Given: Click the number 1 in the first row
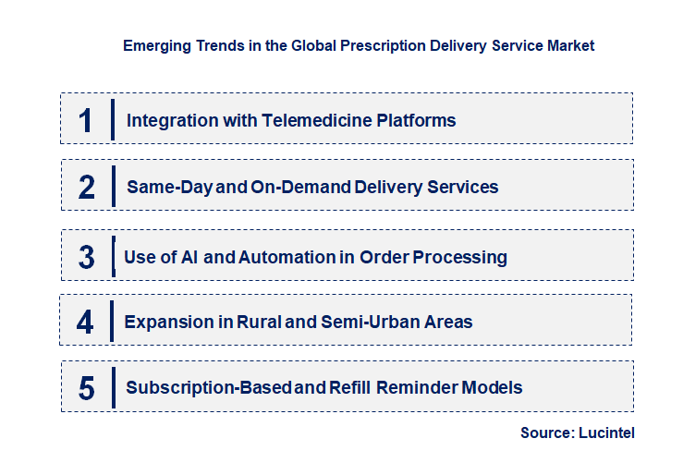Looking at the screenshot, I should click(86, 120).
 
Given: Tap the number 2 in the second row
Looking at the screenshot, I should click(87, 187).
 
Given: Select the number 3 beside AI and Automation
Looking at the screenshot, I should click(87, 257).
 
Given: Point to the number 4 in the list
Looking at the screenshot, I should click(86, 322).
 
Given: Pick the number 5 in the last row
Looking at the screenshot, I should click(87, 388).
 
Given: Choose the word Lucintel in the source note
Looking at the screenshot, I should click(606, 433).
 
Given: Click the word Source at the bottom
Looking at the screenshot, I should click(548, 433).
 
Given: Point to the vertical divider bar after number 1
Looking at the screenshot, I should click(112, 120).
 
